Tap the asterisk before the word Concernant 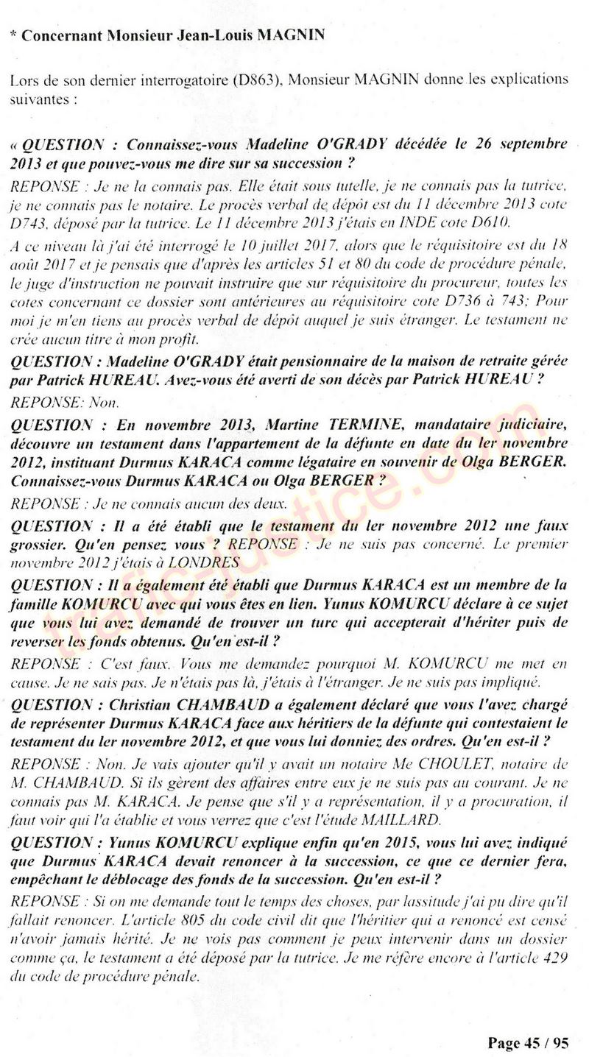[15, 35]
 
